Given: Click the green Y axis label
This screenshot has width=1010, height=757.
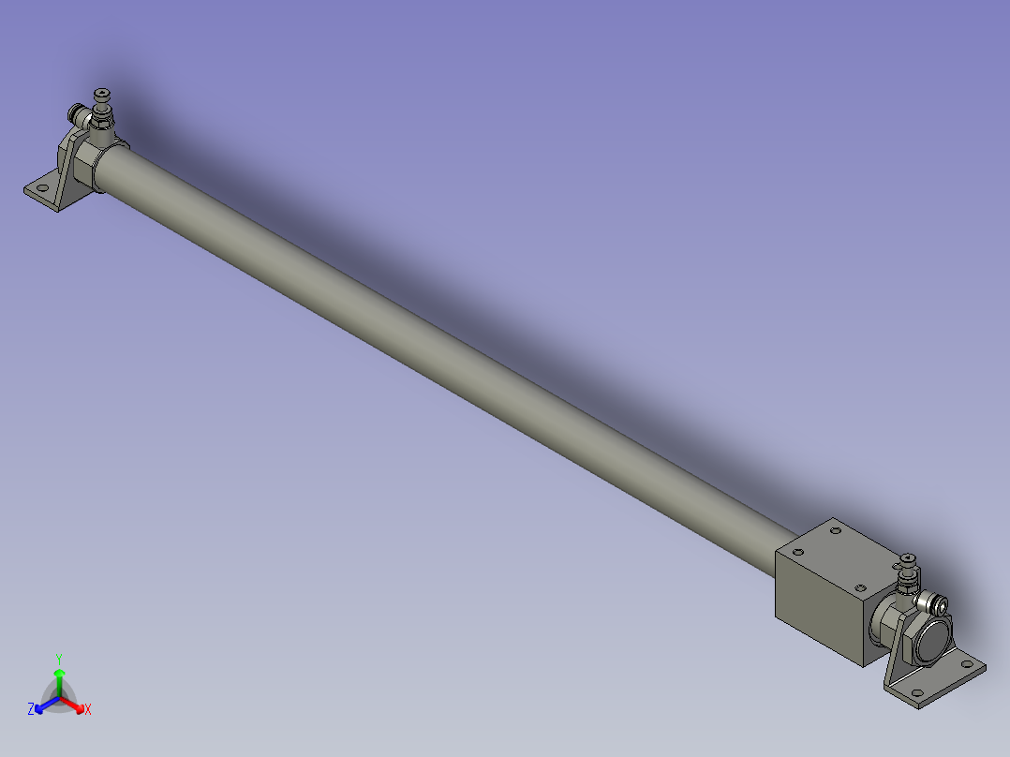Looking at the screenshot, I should (x=59, y=658).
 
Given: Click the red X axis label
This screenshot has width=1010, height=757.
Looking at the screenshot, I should (x=88, y=710).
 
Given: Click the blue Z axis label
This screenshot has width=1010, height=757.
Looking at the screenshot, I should (x=31, y=709).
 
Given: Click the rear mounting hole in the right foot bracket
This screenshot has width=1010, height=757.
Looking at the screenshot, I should (x=971, y=668).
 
